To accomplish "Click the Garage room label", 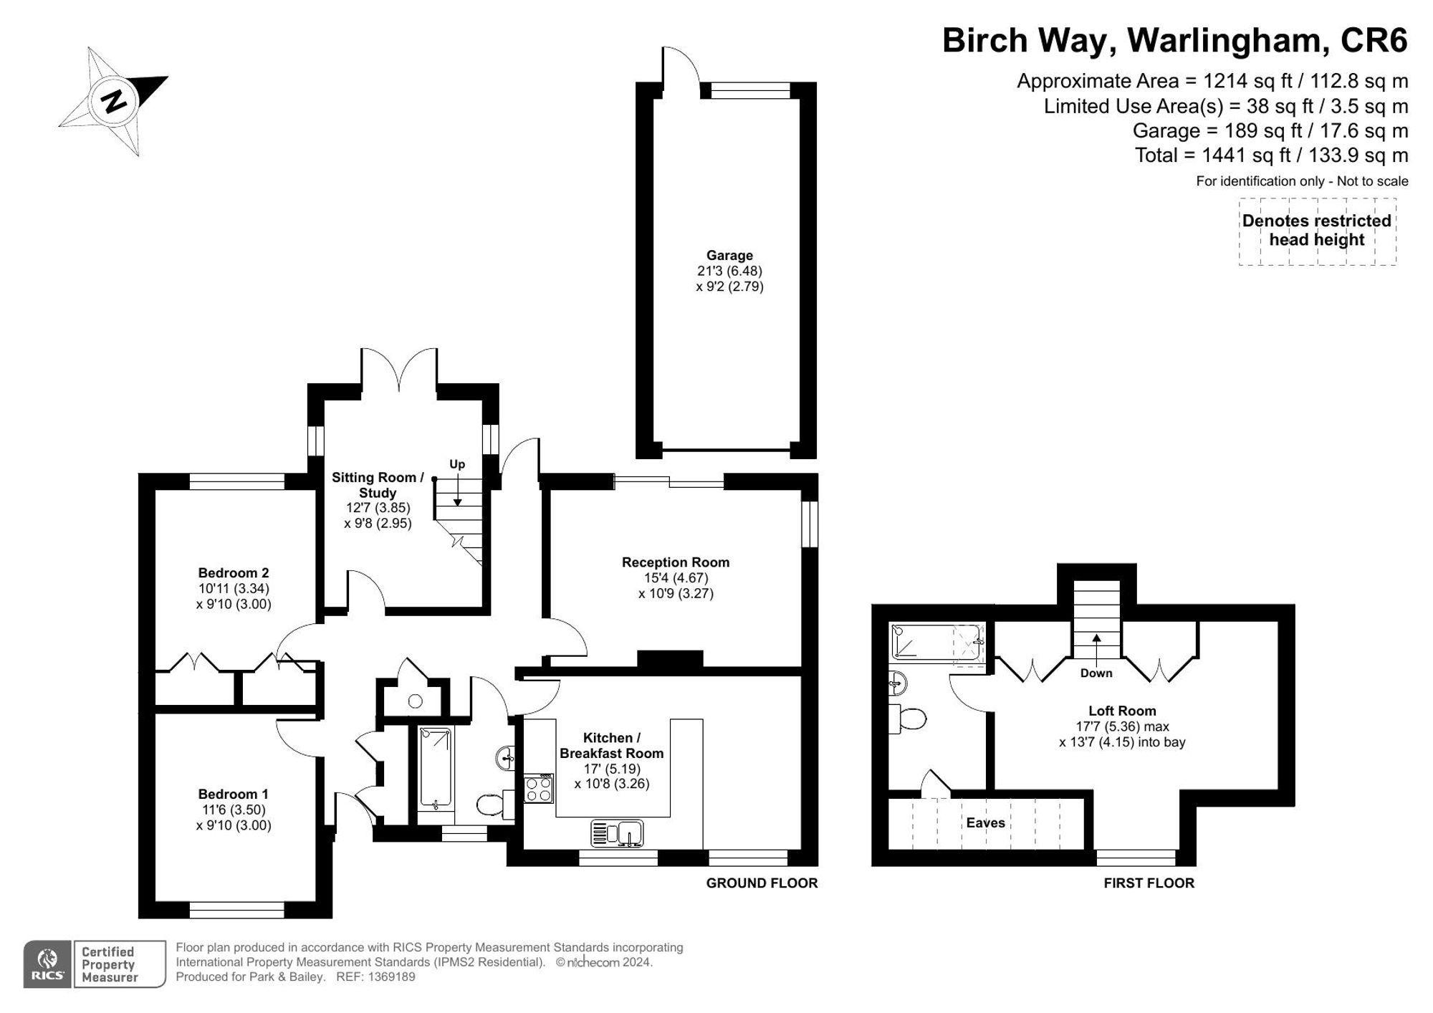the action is (x=729, y=255).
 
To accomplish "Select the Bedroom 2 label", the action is (x=234, y=572).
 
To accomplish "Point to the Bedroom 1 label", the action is (x=234, y=794).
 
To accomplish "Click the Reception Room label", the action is (x=676, y=562).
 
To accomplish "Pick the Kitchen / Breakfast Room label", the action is (x=611, y=745).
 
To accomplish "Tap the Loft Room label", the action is (x=1122, y=711).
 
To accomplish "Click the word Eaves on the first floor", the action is (x=985, y=822).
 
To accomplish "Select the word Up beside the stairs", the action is (x=457, y=464).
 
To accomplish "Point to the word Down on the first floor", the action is (x=1096, y=673).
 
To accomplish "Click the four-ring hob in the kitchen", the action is (x=539, y=789).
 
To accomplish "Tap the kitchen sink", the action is (x=617, y=834).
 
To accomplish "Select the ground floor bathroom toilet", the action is (x=495, y=805).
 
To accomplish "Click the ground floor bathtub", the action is (x=436, y=769).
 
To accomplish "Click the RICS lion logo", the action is (x=47, y=964).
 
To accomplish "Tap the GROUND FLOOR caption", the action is (x=762, y=883).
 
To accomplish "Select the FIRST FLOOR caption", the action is (x=1149, y=883).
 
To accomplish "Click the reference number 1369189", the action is (x=391, y=976).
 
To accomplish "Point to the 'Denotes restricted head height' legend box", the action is (x=1317, y=231).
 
